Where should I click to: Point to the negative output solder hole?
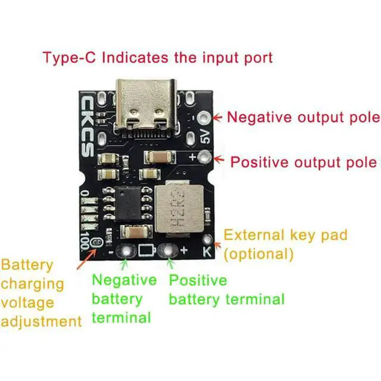(x=205, y=118)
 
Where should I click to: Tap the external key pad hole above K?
(x=208, y=239)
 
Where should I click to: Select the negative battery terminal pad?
(x=126, y=249)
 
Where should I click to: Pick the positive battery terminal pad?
(x=169, y=249)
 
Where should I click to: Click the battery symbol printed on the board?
(x=147, y=250)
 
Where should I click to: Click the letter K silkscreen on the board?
(x=207, y=252)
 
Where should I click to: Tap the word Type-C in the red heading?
(x=69, y=58)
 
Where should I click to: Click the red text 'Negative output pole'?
(x=304, y=117)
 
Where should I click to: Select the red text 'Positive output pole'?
(x=304, y=162)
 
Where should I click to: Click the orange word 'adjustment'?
(x=41, y=321)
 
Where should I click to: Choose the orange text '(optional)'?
(x=258, y=254)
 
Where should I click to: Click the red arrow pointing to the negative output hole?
(x=218, y=117)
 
